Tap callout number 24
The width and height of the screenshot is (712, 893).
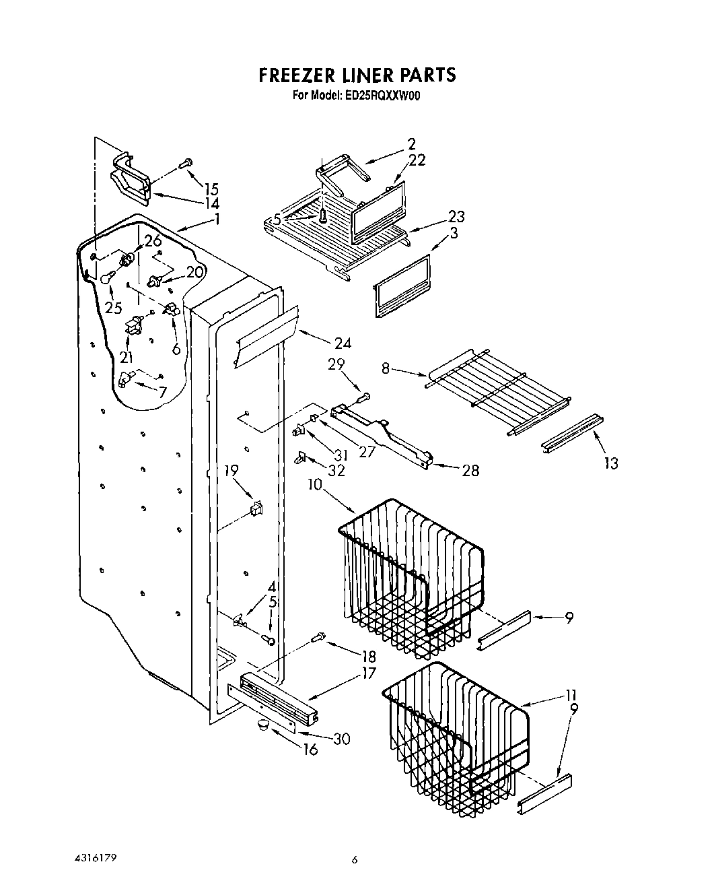(x=342, y=343)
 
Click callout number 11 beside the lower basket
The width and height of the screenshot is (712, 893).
(x=570, y=694)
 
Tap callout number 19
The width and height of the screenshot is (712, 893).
(x=231, y=471)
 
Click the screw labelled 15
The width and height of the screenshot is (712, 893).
(x=186, y=162)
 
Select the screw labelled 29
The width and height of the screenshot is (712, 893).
(x=364, y=397)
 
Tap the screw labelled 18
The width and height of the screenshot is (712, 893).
(x=318, y=635)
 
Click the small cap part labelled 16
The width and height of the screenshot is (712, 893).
(x=261, y=725)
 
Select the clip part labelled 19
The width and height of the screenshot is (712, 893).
(x=256, y=507)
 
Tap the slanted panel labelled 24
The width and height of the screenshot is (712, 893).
(x=266, y=336)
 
